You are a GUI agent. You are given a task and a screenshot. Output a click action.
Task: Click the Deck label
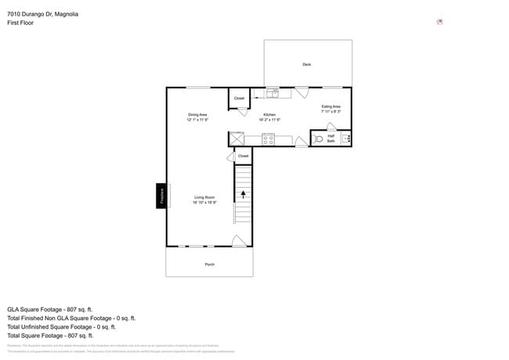point(307,64)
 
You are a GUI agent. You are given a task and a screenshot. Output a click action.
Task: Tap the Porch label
point(210,265)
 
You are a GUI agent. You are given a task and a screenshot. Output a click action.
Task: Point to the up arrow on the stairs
point(243,193)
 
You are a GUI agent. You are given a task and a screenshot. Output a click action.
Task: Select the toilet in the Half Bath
point(318,139)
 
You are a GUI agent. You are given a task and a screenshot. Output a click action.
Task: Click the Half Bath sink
point(346,139)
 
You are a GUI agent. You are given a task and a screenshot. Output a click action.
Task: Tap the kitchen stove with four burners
point(268,139)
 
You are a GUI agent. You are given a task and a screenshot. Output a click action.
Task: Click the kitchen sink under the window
point(273,93)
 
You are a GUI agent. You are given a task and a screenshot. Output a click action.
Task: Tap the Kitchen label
point(269,114)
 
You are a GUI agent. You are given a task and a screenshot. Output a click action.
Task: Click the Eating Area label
point(331,106)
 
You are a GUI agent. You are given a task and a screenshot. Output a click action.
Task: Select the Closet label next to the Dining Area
point(239,99)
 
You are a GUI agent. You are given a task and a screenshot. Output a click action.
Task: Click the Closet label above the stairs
point(243,156)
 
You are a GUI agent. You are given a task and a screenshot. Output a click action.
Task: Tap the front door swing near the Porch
point(239,241)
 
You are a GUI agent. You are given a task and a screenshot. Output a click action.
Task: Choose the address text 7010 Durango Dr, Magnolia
point(42,14)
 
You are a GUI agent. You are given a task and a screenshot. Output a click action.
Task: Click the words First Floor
point(20,23)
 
